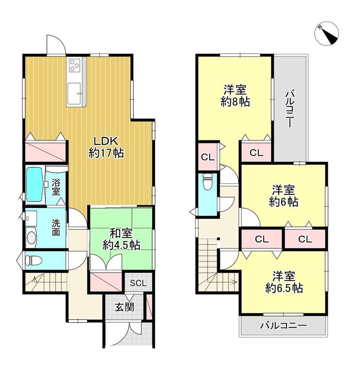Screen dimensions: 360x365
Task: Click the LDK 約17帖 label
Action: coord(106,147)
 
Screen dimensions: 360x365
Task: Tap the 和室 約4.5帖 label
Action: coord(122,239)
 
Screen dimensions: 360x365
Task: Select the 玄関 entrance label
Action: coord(125,307)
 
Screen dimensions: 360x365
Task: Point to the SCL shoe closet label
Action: coord(138,283)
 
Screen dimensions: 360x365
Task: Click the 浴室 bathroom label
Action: coord(56,187)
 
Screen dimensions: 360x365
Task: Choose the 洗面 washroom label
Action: coord(56,227)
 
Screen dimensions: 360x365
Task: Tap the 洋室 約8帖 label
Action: coord(235,96)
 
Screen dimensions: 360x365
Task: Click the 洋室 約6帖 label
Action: coord(284,196)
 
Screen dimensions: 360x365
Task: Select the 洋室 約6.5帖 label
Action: coord(284,282)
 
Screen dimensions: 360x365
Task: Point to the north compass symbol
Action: coord(326,34)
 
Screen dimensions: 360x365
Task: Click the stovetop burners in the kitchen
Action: coord(75,65)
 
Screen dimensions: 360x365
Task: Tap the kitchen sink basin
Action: coord(74,94)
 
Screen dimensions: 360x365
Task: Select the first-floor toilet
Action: coord(34,260)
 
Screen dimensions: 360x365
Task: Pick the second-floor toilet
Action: coord(208,182)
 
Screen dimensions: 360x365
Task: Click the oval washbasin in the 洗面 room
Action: coord(31,238)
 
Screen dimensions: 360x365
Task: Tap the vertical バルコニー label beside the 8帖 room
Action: coord(290,109)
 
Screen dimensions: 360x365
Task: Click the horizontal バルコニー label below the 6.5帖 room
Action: coord(284,326)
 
